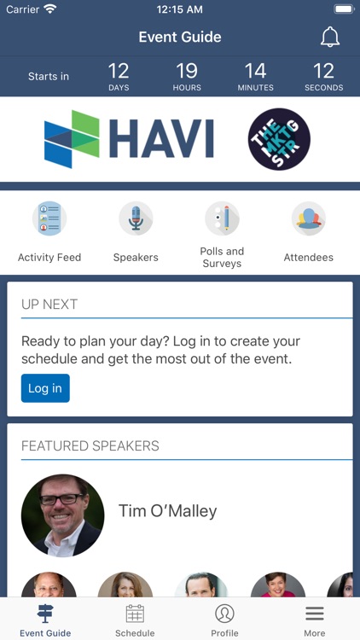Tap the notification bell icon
tap(329, 37)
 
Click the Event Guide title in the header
tap(180, 37)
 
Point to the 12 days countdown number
tap(119, 71)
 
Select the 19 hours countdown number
tap(187, 71)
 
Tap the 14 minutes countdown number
tap(255, 71)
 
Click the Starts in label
tap(49, 76)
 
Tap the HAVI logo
tap(129, 139)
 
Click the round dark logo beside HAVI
tap(279, 139)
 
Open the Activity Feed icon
tap(49, 218)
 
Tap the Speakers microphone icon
tap(136, 218)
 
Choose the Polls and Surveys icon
tap(222, 218)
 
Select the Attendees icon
tap(308, 218)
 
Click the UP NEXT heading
tap(49, 304)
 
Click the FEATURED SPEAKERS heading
tap(90, 445)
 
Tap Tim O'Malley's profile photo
tap(62, 515)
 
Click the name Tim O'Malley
tap(167, 511)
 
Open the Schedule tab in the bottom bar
tap(135, 620)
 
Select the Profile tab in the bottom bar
tap(224, 620)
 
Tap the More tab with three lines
tap(314, 620)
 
